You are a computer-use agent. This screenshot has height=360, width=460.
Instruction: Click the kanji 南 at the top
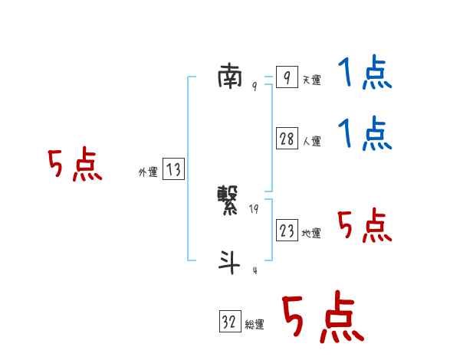(231, 77)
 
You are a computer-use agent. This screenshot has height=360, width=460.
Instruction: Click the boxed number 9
(286, 77)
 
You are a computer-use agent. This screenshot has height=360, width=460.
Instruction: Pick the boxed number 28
(287, 139)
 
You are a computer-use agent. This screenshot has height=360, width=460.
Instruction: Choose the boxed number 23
(287, 231)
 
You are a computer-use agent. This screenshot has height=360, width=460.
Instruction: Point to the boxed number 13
(173, 170)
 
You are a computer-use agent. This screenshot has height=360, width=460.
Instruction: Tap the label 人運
(311, 142)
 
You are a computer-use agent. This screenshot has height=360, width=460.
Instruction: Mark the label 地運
(311, 234)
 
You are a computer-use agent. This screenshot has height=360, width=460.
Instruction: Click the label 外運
(148, 173)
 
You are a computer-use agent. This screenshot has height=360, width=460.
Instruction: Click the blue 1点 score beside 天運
(365, 74)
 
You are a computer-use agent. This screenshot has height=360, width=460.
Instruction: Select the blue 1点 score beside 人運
(365, 134)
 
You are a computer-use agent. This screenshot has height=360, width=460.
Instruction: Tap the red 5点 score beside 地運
(365, 226)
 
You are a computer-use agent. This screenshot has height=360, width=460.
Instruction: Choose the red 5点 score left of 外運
(74, 165)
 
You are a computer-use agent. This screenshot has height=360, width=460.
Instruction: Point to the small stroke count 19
(254, 208)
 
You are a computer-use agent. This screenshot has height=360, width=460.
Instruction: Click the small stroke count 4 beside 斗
(254, 270)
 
